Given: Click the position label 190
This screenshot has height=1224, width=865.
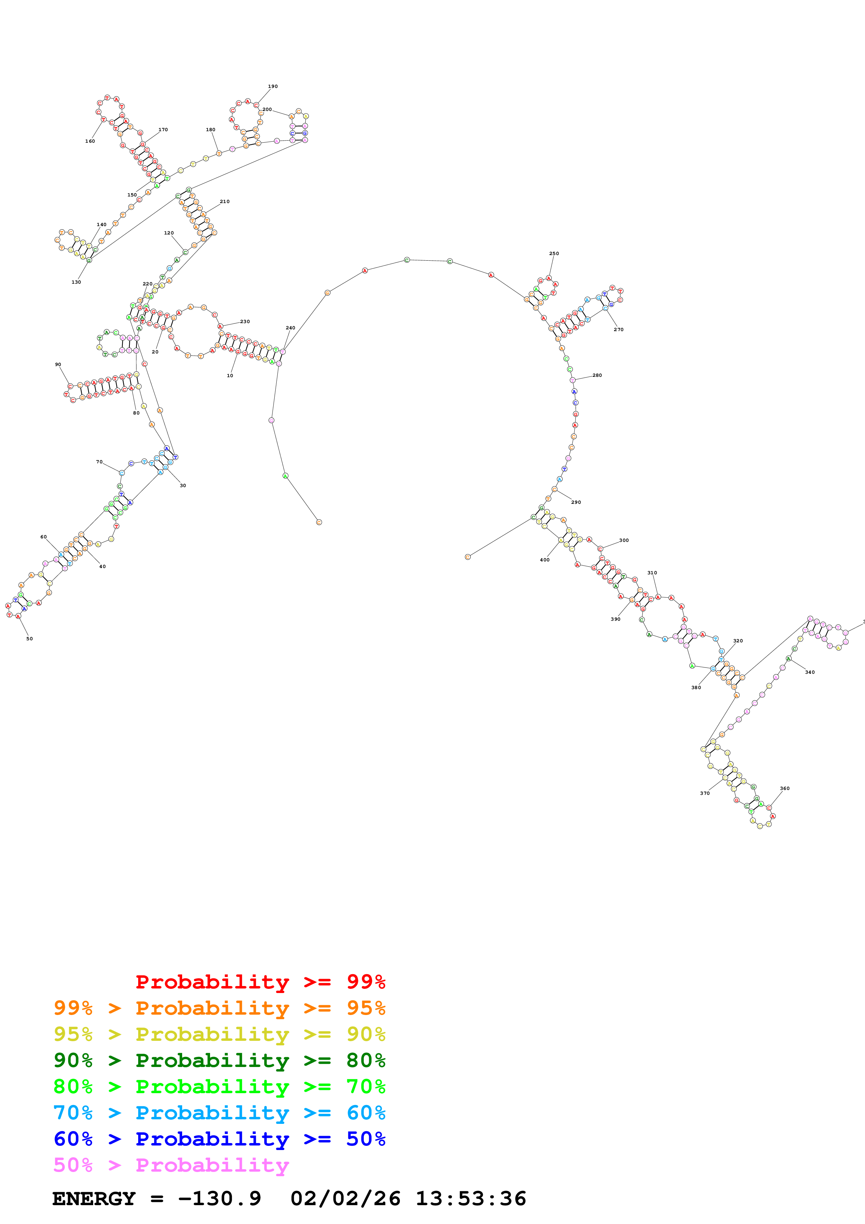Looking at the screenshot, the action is [x=273, y=87].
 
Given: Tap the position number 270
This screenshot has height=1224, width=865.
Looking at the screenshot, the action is [x=618, y=329].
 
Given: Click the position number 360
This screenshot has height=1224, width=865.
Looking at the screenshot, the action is [x=784, y=789].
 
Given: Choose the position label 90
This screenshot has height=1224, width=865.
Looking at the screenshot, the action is [x=58, y=365].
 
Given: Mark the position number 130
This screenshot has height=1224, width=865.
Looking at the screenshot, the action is [x=76, y=282].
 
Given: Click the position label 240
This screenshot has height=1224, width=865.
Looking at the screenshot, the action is [x=290, y=328].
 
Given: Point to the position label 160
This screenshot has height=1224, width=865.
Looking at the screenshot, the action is [x=90, y=141].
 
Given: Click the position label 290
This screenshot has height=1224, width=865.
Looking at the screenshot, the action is [x=576, y=502].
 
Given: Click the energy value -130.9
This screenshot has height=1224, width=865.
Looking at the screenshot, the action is [x=219, y=1199].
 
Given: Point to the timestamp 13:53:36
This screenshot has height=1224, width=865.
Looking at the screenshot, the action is [x=471, y=1199].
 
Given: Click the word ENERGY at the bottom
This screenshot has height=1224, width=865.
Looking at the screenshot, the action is [x=94, y=1199].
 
